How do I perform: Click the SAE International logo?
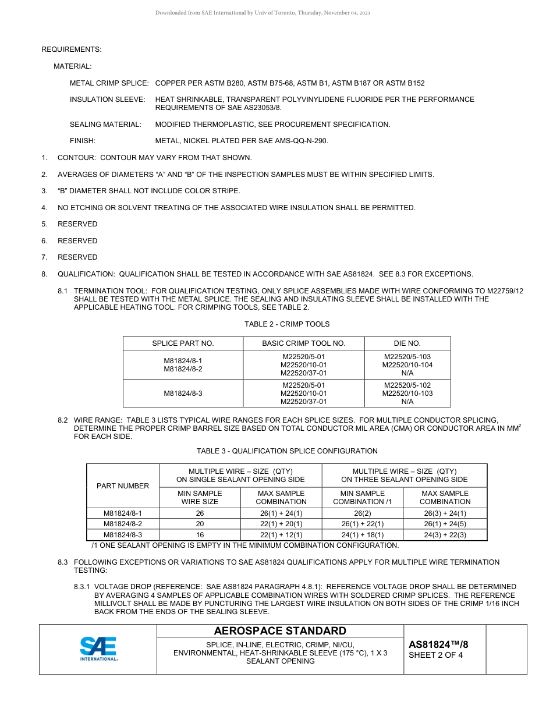coord(98,649)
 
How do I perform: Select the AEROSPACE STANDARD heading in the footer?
coord(280,631)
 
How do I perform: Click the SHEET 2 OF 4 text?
coord(435,655)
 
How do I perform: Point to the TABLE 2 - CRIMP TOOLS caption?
coord(286,324)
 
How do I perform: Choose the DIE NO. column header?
coord(407,343)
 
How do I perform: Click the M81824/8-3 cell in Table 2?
coord(183,394)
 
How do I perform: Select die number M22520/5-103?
coord(407,357)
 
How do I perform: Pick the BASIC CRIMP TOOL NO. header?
coord(303,343)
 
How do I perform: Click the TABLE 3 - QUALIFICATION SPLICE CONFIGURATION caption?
coord(286,451)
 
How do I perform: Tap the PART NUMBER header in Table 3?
coord(123,485)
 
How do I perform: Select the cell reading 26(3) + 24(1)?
coord(445,513)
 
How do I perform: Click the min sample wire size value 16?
coord(200,535)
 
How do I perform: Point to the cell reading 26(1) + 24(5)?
coord(445,524)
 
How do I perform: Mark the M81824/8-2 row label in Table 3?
coord(123,524)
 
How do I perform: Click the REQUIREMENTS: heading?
coord(71,49)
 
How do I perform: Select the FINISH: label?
coord(82,141)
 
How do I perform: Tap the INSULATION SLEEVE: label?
coord(107,100)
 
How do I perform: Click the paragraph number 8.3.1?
coord(84,587)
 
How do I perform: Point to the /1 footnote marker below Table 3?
coord(95,545)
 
